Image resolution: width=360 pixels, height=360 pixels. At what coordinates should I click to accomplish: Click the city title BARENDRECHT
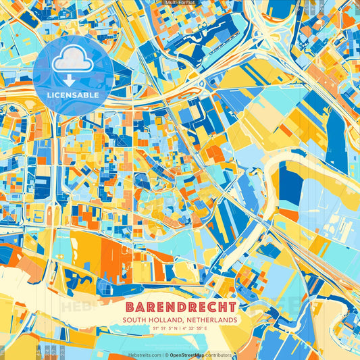180,306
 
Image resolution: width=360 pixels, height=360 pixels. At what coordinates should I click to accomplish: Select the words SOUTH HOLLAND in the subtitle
151,319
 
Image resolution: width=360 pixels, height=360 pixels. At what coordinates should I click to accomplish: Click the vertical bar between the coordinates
180,328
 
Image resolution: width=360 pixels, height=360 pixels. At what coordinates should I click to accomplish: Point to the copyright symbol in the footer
165,355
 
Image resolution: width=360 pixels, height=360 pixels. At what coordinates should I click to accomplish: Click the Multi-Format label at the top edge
180,3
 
